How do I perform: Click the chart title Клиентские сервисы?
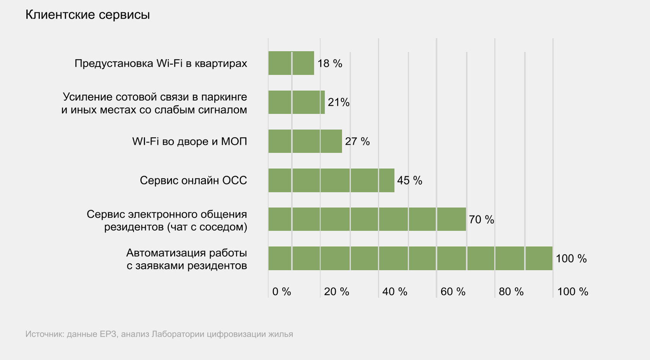[87, 15]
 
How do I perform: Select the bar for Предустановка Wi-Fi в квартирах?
[291, 63]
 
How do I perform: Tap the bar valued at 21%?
[296, 102]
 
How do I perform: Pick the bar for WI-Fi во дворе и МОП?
[305, 141]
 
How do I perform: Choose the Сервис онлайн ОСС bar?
[331, 180]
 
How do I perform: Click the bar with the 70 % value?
[367, 219]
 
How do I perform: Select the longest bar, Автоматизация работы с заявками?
[410, 258]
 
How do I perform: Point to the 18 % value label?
[330, 63]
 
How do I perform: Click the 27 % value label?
[357, 142]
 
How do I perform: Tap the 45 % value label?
[409, 181]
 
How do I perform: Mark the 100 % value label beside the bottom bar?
[571, 259]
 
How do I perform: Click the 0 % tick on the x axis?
[281, 292]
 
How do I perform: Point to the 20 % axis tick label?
[336, 292]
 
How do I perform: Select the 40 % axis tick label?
[395, 292]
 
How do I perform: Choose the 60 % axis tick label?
[453, 292]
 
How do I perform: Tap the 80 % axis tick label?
[511, 292]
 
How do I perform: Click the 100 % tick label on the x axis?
[572, 292]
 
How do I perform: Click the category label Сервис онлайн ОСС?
[193, 181]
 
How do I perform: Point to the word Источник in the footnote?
[44, 334]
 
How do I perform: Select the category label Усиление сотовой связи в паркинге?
[154, 97]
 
